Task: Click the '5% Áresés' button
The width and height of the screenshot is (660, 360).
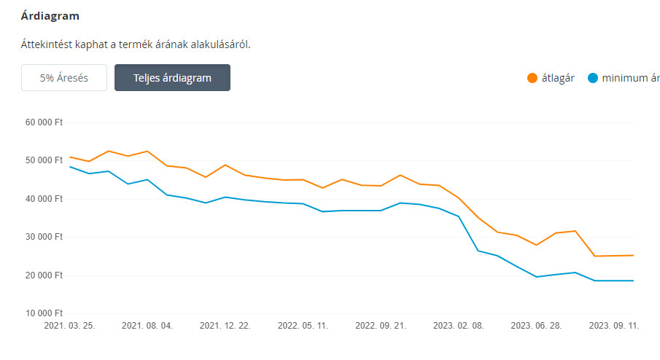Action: tap(64, 78)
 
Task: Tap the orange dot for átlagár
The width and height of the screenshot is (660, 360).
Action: tap(532, 78)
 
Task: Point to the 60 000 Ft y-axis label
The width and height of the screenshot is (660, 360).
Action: tap(44, 122)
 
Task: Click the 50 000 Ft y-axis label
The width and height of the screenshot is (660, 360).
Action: tap(44, 160)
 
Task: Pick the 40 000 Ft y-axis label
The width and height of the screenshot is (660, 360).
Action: tap(44, 199)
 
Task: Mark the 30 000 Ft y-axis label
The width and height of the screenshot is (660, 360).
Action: tap(44, 237)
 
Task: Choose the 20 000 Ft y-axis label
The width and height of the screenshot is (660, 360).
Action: tap(44, 275)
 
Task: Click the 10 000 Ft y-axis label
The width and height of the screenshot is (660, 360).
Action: tap(44, 313)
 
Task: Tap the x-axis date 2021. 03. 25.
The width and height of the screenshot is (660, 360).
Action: tap(70, 326)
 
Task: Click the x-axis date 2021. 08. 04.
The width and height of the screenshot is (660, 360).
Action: tap(147, 326)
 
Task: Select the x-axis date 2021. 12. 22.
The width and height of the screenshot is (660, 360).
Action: tap(225, 326)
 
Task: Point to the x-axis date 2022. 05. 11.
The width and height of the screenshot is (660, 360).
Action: tap(303, 326)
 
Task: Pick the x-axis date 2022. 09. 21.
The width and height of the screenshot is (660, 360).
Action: tap(380, 326)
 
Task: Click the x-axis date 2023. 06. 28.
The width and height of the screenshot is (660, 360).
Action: tap(536, 326)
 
